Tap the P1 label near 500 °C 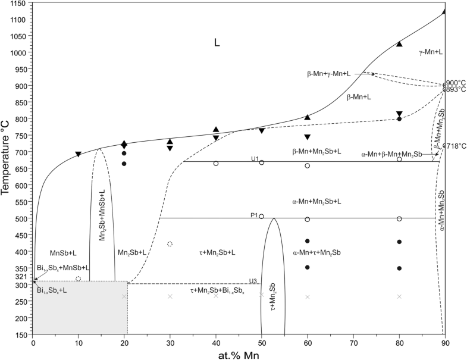(253, 216)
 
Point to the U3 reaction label (253, 281)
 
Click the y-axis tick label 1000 (19, 52)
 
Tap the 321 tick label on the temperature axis (21, 277)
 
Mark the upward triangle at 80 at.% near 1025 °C (399, 44)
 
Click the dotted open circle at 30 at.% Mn (170, 244)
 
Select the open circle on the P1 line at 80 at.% (399, 219)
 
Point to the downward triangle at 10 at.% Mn (79, 155)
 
